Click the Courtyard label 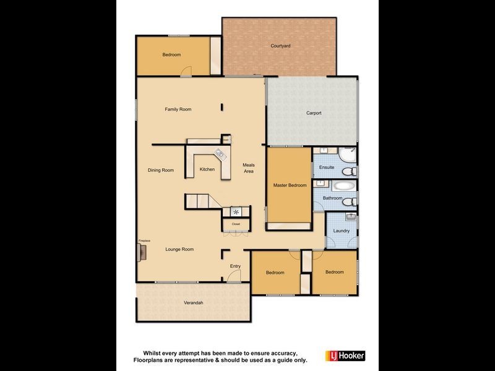[280, 46]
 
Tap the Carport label [314, 113]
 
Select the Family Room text [178, 109]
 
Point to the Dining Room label [160, 170]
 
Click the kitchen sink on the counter [220, 154]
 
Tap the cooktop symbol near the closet [236, 211]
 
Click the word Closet [236, 223]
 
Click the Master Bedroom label [290, 185]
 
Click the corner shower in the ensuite [347, 155]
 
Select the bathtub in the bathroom [343, 185]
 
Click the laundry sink [350, 217]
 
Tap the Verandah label [193, 302]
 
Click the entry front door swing [235, 278]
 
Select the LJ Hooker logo [345, 356]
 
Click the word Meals [249, 164]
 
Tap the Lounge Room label [179, 249]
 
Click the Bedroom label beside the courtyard [171, 55]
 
